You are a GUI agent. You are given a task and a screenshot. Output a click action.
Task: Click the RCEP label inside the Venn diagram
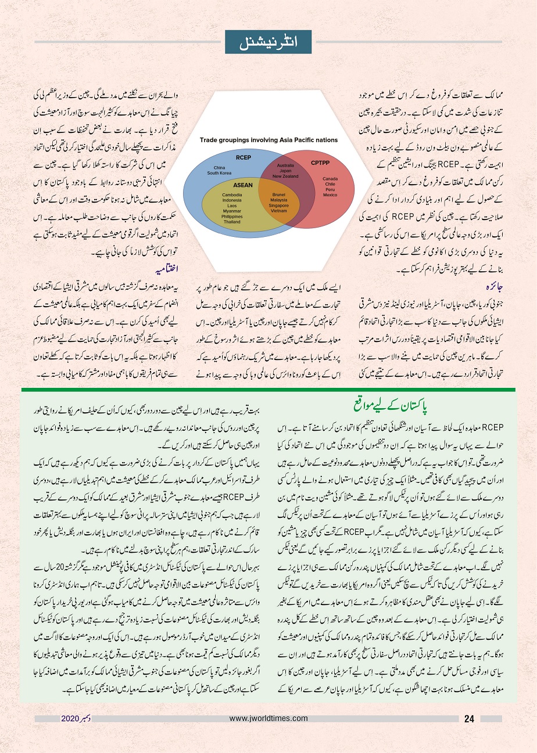point(243,157)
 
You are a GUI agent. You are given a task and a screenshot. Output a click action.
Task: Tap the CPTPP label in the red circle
point(320,163)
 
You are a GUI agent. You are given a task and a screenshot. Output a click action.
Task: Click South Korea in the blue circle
point(220,172)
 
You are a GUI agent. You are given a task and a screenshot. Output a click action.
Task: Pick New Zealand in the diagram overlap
point(285,176)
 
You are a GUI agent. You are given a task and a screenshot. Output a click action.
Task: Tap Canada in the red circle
point(330,179)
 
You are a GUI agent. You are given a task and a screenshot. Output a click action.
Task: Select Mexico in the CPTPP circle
point(330,194)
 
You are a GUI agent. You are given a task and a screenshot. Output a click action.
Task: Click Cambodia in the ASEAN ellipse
point(232,194)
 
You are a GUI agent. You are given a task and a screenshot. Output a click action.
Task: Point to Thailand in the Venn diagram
point(232,222)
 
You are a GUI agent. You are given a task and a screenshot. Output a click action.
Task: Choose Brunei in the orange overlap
point(279,194)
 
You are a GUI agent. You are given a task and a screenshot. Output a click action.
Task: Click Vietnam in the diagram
point(279,211)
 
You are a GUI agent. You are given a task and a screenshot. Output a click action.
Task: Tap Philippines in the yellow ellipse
point(232,217)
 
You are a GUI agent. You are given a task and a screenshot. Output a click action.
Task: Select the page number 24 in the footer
point(470,718)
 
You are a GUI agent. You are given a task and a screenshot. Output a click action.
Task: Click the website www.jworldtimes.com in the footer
point(268,718)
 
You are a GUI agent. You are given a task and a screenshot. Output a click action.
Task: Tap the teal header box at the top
point(268,42)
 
